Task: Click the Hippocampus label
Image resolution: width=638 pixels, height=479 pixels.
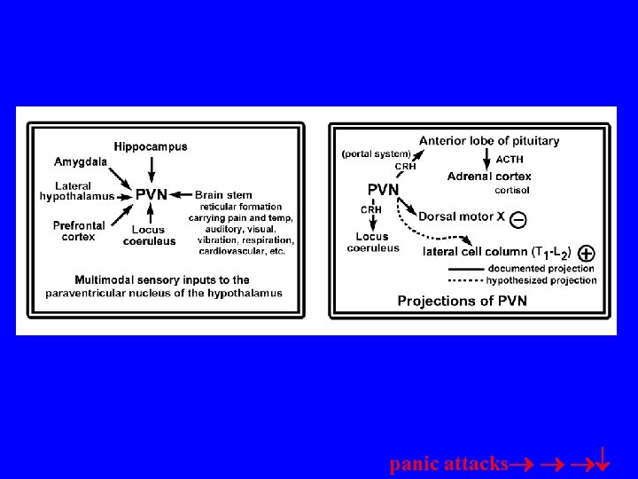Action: coord(151,146)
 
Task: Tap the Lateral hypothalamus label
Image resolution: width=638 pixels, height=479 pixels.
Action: coord(77,190)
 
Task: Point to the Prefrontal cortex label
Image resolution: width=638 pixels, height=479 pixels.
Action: coord(79,231)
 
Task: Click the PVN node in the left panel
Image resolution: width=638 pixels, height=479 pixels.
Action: coord(151,195)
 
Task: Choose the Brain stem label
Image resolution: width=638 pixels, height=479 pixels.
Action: coord(223,195)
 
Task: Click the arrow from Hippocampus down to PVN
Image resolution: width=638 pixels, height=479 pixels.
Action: coord(152,168)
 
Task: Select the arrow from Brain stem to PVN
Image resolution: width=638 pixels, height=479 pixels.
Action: coord(182,195)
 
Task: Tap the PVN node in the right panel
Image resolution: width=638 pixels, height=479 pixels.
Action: coord(383,189)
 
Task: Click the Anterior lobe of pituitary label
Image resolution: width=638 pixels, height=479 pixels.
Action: coord(489,140)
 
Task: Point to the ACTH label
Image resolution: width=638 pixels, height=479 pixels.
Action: coord(510,160)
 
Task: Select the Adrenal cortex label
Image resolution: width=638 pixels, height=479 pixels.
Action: coord(489,177)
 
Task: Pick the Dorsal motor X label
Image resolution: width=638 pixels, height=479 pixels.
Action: coord(462,216)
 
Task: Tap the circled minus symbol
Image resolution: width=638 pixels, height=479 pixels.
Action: coord(520,218)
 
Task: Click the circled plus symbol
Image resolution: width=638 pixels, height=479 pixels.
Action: coord(586,253)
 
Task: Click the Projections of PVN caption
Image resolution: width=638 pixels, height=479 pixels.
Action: coord(462,301)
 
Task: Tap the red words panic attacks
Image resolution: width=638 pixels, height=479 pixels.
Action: coord(449,464)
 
